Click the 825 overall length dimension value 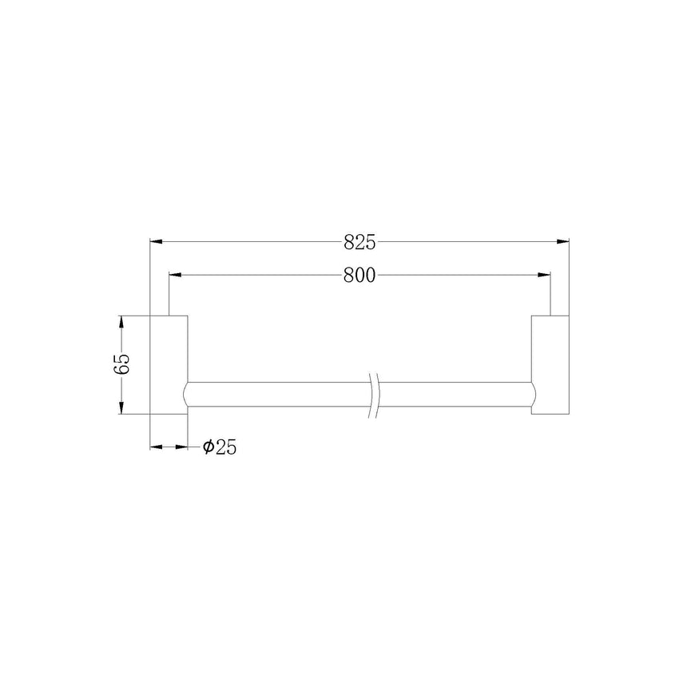click(x=359, y=242)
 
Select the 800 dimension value click(x=359, y=275)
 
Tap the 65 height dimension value click(x=121, y=363)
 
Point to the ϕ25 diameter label click(x=220, y=447)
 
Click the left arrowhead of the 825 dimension click(x=157, y=241)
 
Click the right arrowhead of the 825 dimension click(x=562, y=241)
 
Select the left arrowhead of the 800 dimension click(x=175, y=275)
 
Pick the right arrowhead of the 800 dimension click(x=544, y=275)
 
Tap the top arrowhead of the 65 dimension click(x=121, y=322)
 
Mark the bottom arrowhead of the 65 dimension click(x=121, y=408)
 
